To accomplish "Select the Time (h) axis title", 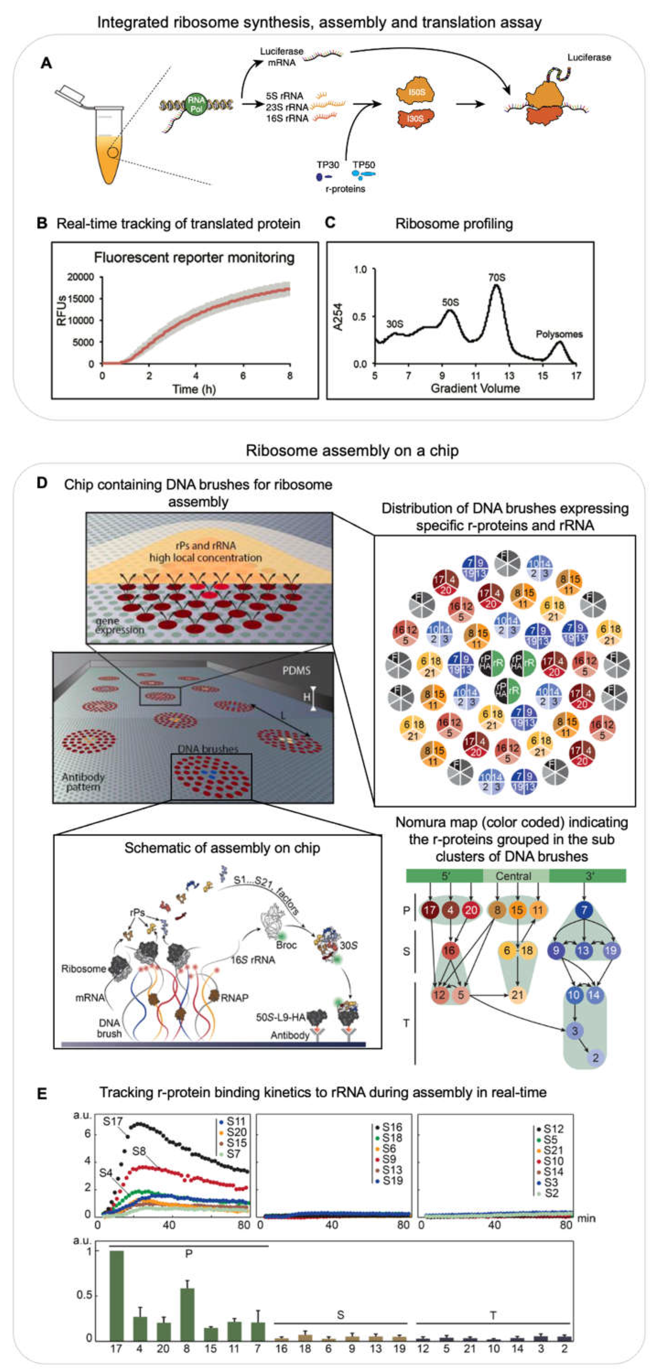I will [194, 389].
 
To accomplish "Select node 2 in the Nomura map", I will [595, 1057].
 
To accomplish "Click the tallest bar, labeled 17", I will [116, 1295].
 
